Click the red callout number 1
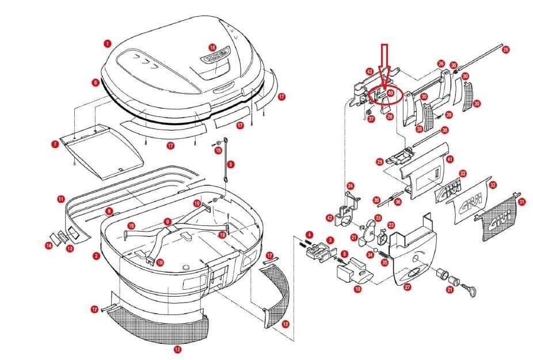(x=108, y=43)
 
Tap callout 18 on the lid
(x=212, y=47)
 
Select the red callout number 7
(x=55, y=145)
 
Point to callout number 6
(x=96, y=82)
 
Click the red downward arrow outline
(x=385, y=63)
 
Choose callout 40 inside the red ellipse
(x=390, y=92)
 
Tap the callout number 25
(x=506, y=50)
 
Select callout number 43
(x=370, y=71)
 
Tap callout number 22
(x=463, y=173)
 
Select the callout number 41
(x=450, y=158)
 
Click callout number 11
(x=61, y=199)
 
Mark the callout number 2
(x=97, y=256)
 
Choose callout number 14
(x=49, y=246)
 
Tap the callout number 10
(x=358, y=289)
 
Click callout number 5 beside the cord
(x=231, y=164)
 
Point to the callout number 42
(x=330, y=218)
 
